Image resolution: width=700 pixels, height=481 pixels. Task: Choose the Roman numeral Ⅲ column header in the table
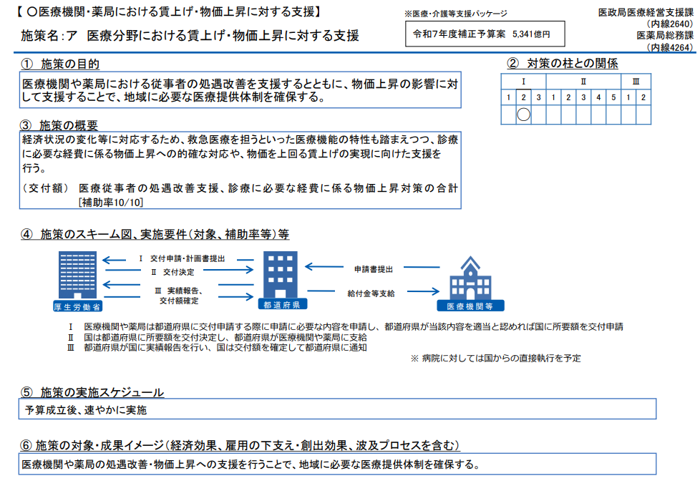pyautogui.click(x=636, y=81)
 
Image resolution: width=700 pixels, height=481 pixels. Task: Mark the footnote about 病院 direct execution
pyautogui.click(x=495, y=358)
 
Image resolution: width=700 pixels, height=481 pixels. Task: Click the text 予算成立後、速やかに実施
pyautogui.click(x=85, y=409)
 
